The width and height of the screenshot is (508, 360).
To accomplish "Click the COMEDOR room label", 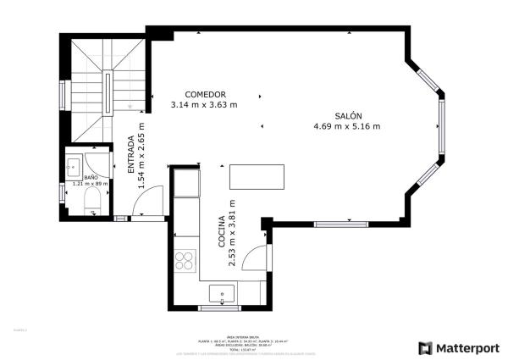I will (x=205, y=94).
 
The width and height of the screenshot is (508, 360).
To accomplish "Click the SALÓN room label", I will (x=347, y=116).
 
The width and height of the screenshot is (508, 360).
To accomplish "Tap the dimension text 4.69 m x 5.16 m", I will (x=347, y=127).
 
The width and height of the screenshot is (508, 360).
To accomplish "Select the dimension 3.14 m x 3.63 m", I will (x=204, y=105).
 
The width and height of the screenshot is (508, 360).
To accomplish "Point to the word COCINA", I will (x=221, y=230).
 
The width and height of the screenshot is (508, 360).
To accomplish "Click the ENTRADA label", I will (x=130, y=155).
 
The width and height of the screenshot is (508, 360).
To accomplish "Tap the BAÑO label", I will (x=90, y=177).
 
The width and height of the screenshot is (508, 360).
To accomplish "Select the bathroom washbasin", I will (x=74, y=166).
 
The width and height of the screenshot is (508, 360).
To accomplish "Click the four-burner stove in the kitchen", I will (x=185, y=261).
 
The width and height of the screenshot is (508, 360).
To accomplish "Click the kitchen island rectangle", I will (x=257, y=177).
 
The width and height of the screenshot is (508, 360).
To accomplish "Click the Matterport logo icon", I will (x=425, y=347).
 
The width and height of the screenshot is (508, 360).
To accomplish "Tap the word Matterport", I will (x=466, y=347).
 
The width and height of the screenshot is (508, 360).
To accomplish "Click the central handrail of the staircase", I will (x=108, y=93).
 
